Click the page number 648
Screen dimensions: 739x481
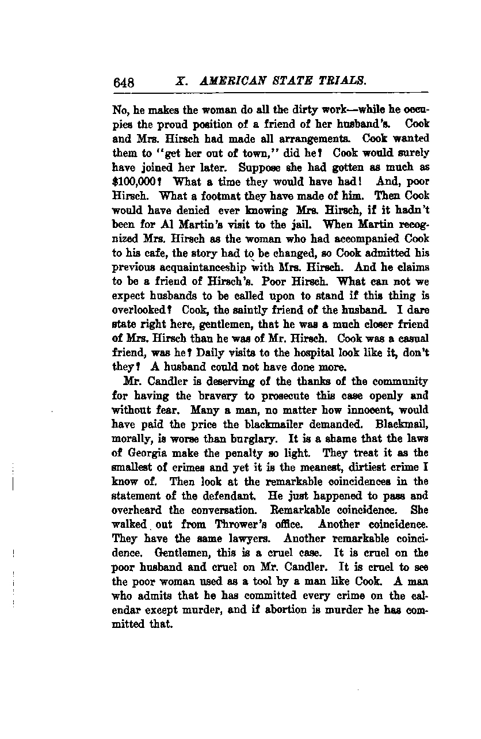[x=124, y=82]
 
